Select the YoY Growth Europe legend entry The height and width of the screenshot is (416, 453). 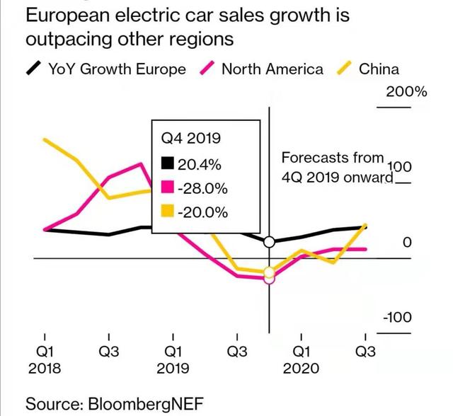(106, 69)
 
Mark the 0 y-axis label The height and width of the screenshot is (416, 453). (406, 242)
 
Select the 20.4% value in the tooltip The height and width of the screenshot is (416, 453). (200, 165)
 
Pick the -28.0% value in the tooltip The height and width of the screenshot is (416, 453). (202, 189)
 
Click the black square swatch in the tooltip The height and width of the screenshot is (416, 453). (168, 164)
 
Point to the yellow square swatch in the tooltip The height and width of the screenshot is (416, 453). (168, 212)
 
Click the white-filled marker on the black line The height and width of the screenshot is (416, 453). (269, 243)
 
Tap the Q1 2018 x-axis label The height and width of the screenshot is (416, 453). (44, 359)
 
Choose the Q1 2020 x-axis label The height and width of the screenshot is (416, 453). (301, 359)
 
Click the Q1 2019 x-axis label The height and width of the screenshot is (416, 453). (173, 359)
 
